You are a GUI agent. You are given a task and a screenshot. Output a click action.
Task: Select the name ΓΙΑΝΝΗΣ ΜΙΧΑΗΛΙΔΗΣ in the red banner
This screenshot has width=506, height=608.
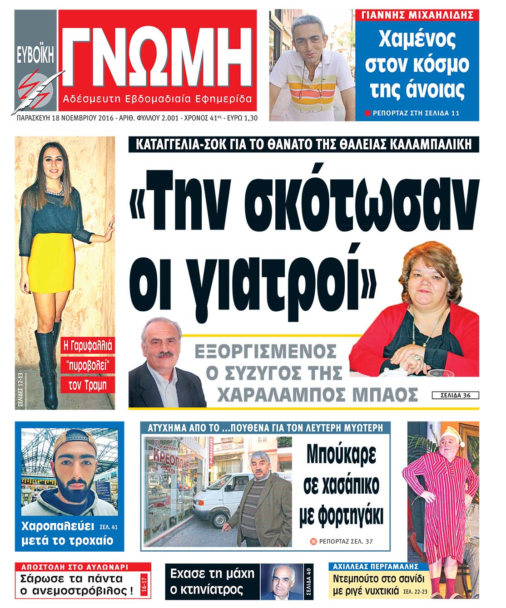tap(417, 15)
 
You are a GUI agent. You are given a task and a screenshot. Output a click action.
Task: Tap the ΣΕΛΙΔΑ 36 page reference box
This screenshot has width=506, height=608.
tap(455, 395)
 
